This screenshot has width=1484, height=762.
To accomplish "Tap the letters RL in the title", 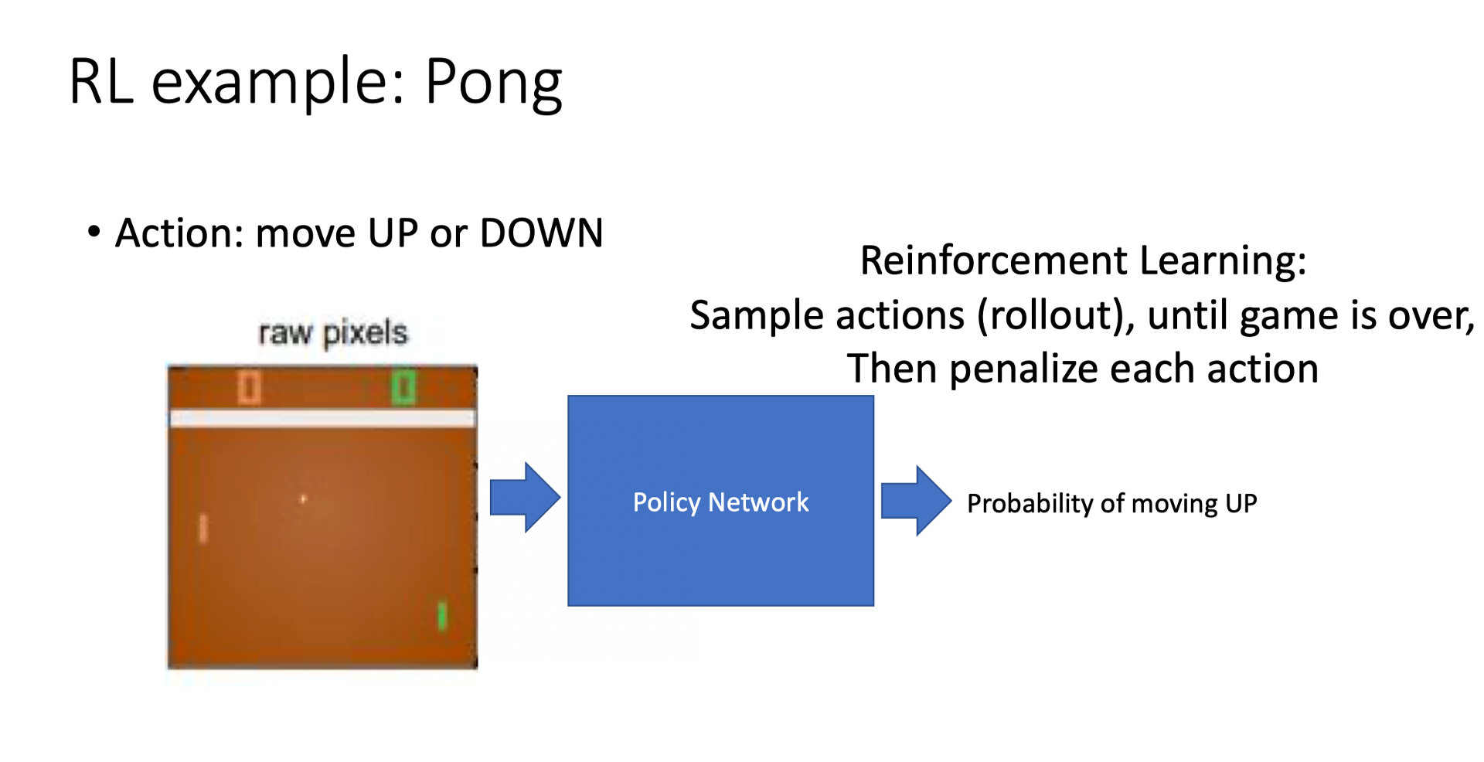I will (x=100, y=82).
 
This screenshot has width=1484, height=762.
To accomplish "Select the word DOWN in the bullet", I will (x=541, y=233).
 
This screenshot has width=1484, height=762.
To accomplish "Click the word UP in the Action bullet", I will (x=393, y=233).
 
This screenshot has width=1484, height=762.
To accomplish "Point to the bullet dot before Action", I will (x=94, y=232).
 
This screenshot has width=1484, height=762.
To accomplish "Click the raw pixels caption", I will (x=332, y=333).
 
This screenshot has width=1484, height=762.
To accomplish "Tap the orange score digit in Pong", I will (x=249, y=387).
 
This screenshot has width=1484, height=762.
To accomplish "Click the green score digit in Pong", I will (x=403, y=387).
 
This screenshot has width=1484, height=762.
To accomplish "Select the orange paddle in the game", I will (x=203, y=529).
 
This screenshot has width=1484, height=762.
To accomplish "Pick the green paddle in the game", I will (x=442, y=616).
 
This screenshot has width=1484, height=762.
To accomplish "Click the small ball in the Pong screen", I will (x=303, y=499).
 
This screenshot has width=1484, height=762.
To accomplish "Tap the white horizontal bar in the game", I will (x=322, y=419).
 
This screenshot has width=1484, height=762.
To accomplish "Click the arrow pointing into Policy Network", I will (x=525, y=498).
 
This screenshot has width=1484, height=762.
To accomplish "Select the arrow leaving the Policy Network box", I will (x=916, y=501).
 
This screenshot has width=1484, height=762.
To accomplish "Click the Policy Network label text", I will (x=720, y=502).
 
